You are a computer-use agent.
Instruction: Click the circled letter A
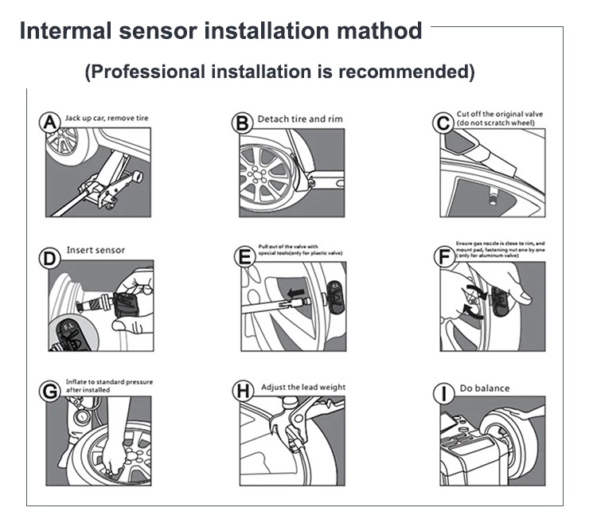click(49, 123)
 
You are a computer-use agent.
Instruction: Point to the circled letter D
click(50, 259)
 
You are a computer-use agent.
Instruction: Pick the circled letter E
click(244, 256)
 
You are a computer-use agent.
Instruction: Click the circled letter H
click(242, 391)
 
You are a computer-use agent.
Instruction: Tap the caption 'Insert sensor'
click(96, 250)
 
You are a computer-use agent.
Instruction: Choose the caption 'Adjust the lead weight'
click(303, 388)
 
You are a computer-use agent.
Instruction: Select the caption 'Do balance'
click(485, 388)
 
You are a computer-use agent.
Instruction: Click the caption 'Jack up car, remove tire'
click(107, 118)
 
